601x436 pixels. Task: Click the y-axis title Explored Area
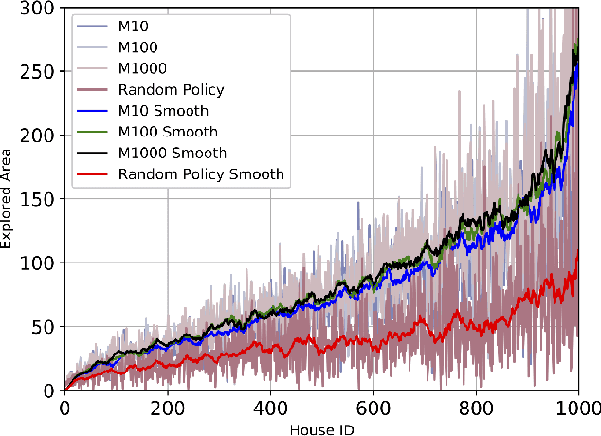click(x=9, y=197)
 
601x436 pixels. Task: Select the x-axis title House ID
click(x=321, y=425)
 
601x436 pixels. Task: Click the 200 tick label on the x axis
click(x=168, y=406)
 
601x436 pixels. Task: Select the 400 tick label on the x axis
click(x=270, y=406)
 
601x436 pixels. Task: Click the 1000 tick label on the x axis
click(x=577, y=406)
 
